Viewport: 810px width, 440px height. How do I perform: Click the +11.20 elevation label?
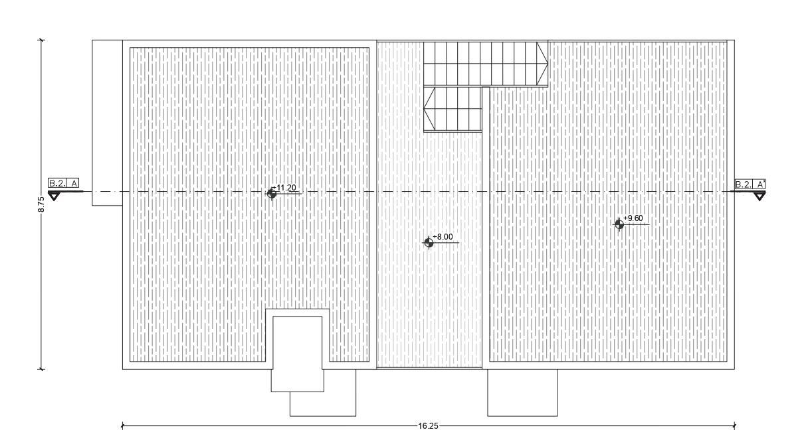click(x=284, y=188)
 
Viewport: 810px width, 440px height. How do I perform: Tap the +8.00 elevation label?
click(x=443, y=237)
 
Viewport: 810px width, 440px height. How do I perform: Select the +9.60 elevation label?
click(x=633, y=218)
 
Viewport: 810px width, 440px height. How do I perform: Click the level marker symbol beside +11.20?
click(x=271, y=193)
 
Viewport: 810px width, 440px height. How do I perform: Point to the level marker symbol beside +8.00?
click(x=429, y=243)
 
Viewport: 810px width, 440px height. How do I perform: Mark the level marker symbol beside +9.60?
click(x=619, y=224)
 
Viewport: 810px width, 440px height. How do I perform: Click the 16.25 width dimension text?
click(x=428, y=426)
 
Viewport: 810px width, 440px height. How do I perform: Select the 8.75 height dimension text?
click(x=41, y=204)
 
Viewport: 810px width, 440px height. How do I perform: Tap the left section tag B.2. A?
click(x=63, y=183)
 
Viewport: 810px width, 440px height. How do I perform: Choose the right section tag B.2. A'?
click(x=750, y=184)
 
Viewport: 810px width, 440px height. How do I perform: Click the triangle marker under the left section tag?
click(x=54, y=196)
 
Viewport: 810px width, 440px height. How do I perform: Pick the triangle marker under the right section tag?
click(x=759, y=196)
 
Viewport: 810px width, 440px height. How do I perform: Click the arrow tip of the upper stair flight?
click(x=547, y=64)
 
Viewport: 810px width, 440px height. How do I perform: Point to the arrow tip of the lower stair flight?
click(x=425, y=110)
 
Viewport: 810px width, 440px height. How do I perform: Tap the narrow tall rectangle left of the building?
click(x=107, y=123)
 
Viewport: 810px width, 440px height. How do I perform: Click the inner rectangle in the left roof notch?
click(x=298, y=353)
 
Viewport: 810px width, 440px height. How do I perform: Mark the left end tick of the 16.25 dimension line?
click(x=123, y=426)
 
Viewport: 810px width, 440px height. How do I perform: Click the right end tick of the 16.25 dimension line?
click(x=734, y=426)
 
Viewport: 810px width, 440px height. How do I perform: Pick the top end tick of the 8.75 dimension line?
click(x=42, y=40)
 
